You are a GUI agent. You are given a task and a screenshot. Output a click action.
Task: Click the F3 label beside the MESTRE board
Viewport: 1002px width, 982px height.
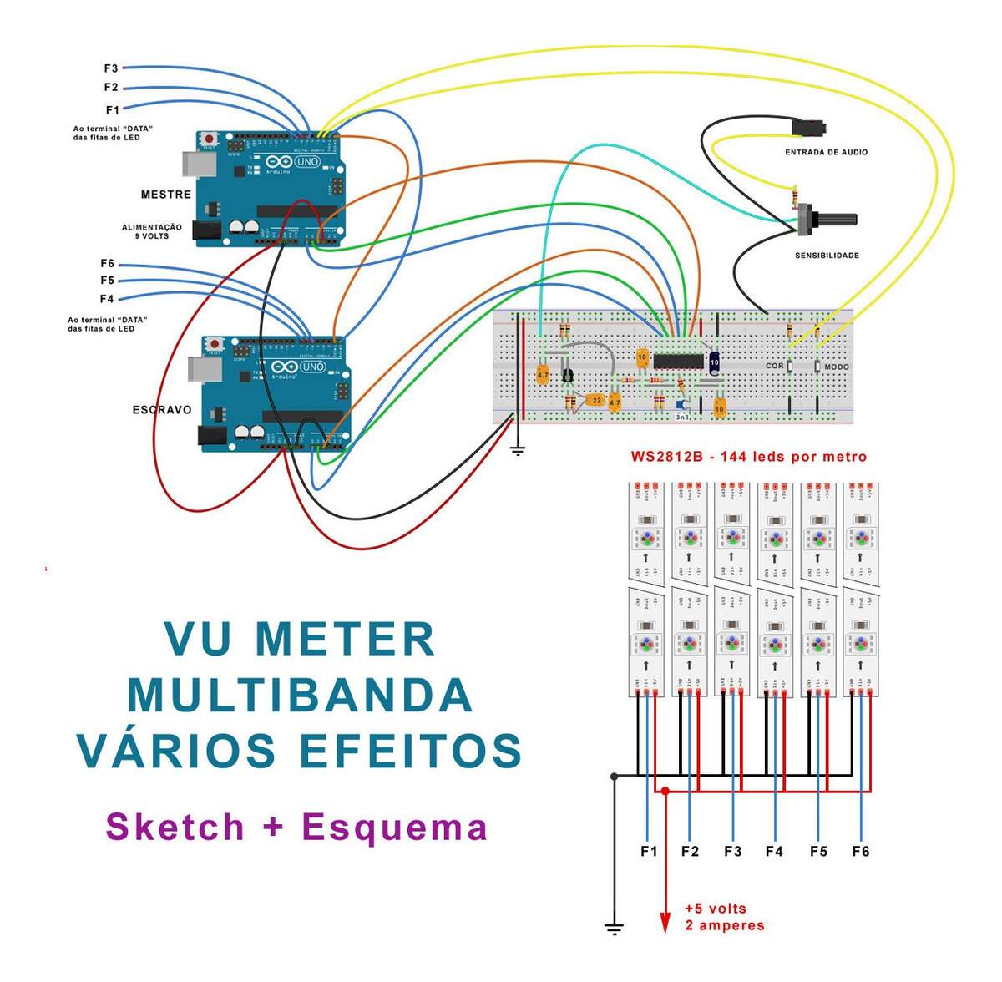110,68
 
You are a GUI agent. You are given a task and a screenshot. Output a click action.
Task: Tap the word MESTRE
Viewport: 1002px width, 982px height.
166,195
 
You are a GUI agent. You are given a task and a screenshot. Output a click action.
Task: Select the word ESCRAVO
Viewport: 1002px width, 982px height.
162,410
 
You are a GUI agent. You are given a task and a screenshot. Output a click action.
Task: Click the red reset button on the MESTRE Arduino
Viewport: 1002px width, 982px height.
207,137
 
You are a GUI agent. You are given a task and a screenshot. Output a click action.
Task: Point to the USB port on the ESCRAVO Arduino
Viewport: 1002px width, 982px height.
200,369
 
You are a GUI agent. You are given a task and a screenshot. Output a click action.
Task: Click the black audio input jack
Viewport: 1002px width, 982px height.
809,128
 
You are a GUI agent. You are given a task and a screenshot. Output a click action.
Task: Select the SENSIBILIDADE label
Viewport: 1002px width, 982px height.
827,256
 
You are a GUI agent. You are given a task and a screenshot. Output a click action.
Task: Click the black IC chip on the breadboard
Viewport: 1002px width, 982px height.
677,360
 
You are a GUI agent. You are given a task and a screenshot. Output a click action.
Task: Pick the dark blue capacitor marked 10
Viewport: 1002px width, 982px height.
715,362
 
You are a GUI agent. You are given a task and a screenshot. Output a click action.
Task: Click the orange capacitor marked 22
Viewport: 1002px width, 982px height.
595,401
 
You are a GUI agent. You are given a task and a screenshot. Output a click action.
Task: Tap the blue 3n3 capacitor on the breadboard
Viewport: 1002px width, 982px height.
681,406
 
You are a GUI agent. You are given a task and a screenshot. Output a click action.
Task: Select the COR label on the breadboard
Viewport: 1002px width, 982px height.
774,367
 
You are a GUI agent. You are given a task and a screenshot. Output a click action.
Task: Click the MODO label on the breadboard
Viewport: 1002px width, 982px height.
836,367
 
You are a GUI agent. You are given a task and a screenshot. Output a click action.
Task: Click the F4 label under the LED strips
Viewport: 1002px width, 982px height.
774,852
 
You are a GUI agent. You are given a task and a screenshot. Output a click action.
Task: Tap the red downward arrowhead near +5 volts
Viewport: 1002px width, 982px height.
665,922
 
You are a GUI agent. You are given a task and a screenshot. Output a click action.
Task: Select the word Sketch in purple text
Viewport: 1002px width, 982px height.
175,827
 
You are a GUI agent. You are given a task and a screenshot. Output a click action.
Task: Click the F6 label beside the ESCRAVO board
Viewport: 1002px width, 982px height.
107,264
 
